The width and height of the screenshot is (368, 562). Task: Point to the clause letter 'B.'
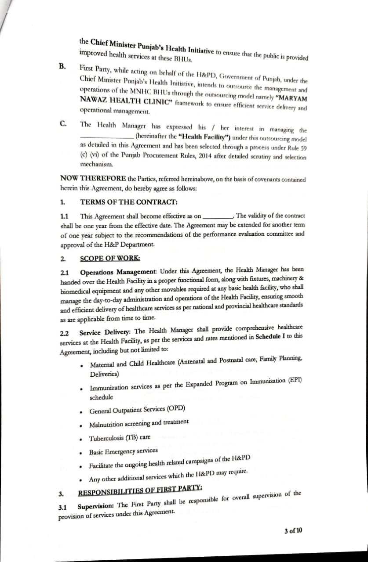pyautogui.click(x=63, y=66)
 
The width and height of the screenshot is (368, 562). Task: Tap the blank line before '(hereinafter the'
pyautogui.click(x=107, y=136)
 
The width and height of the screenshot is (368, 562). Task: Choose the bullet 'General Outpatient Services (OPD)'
pyautogui.click(x=137, y=410)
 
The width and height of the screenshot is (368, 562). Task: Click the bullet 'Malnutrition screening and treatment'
pyautogui.click(x=139, y=424)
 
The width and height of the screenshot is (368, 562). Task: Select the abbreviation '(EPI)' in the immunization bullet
pyautogui.click(x=295, y=380)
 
